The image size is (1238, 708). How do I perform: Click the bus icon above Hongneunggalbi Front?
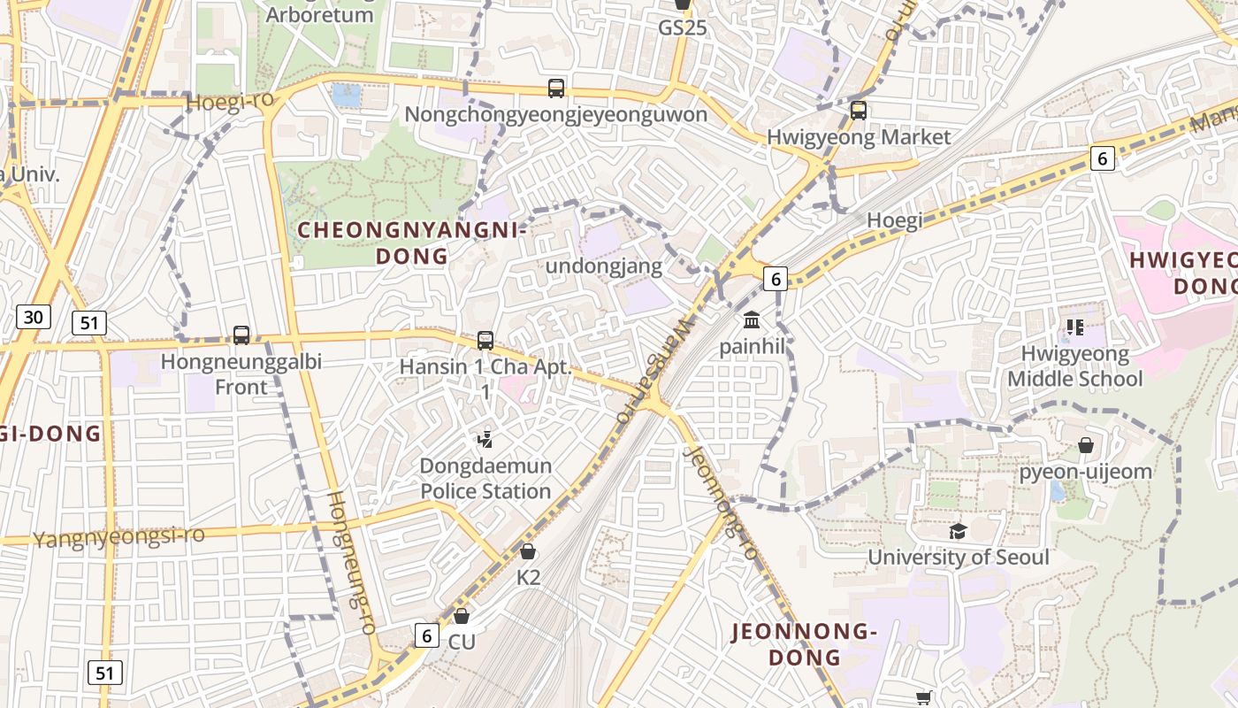(x=241, y=335)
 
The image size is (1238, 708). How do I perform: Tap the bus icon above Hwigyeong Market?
(x=858, y=111)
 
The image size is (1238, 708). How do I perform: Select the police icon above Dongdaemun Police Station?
(x=485, y=439)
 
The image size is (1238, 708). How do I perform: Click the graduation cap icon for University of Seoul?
(x=958, y=531)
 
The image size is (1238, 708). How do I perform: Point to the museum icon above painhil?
(x=752, y=319)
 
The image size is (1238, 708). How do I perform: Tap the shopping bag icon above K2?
(x=528, y=552)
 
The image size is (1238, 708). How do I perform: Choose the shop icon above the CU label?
(x=461, y=616)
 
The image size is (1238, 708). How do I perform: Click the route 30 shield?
(x=34, y=317)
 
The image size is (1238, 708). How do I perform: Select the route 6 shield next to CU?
(x=427, y=635)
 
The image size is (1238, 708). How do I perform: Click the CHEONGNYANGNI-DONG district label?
(x=412, y=243)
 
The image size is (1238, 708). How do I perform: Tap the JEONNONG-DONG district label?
(x=804, y=644)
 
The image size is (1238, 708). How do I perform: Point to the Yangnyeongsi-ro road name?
(x=118, y=536)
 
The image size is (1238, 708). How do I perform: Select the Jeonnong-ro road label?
(x=721, y=503)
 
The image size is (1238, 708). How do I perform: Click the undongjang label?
(x=604, y=266)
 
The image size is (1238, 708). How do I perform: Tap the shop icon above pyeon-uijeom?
(x=1086, y=445)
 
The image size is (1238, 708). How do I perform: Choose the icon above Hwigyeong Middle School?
(x=1074, y=327)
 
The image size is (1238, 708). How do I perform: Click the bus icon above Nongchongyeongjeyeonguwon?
(x=555, y=88)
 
